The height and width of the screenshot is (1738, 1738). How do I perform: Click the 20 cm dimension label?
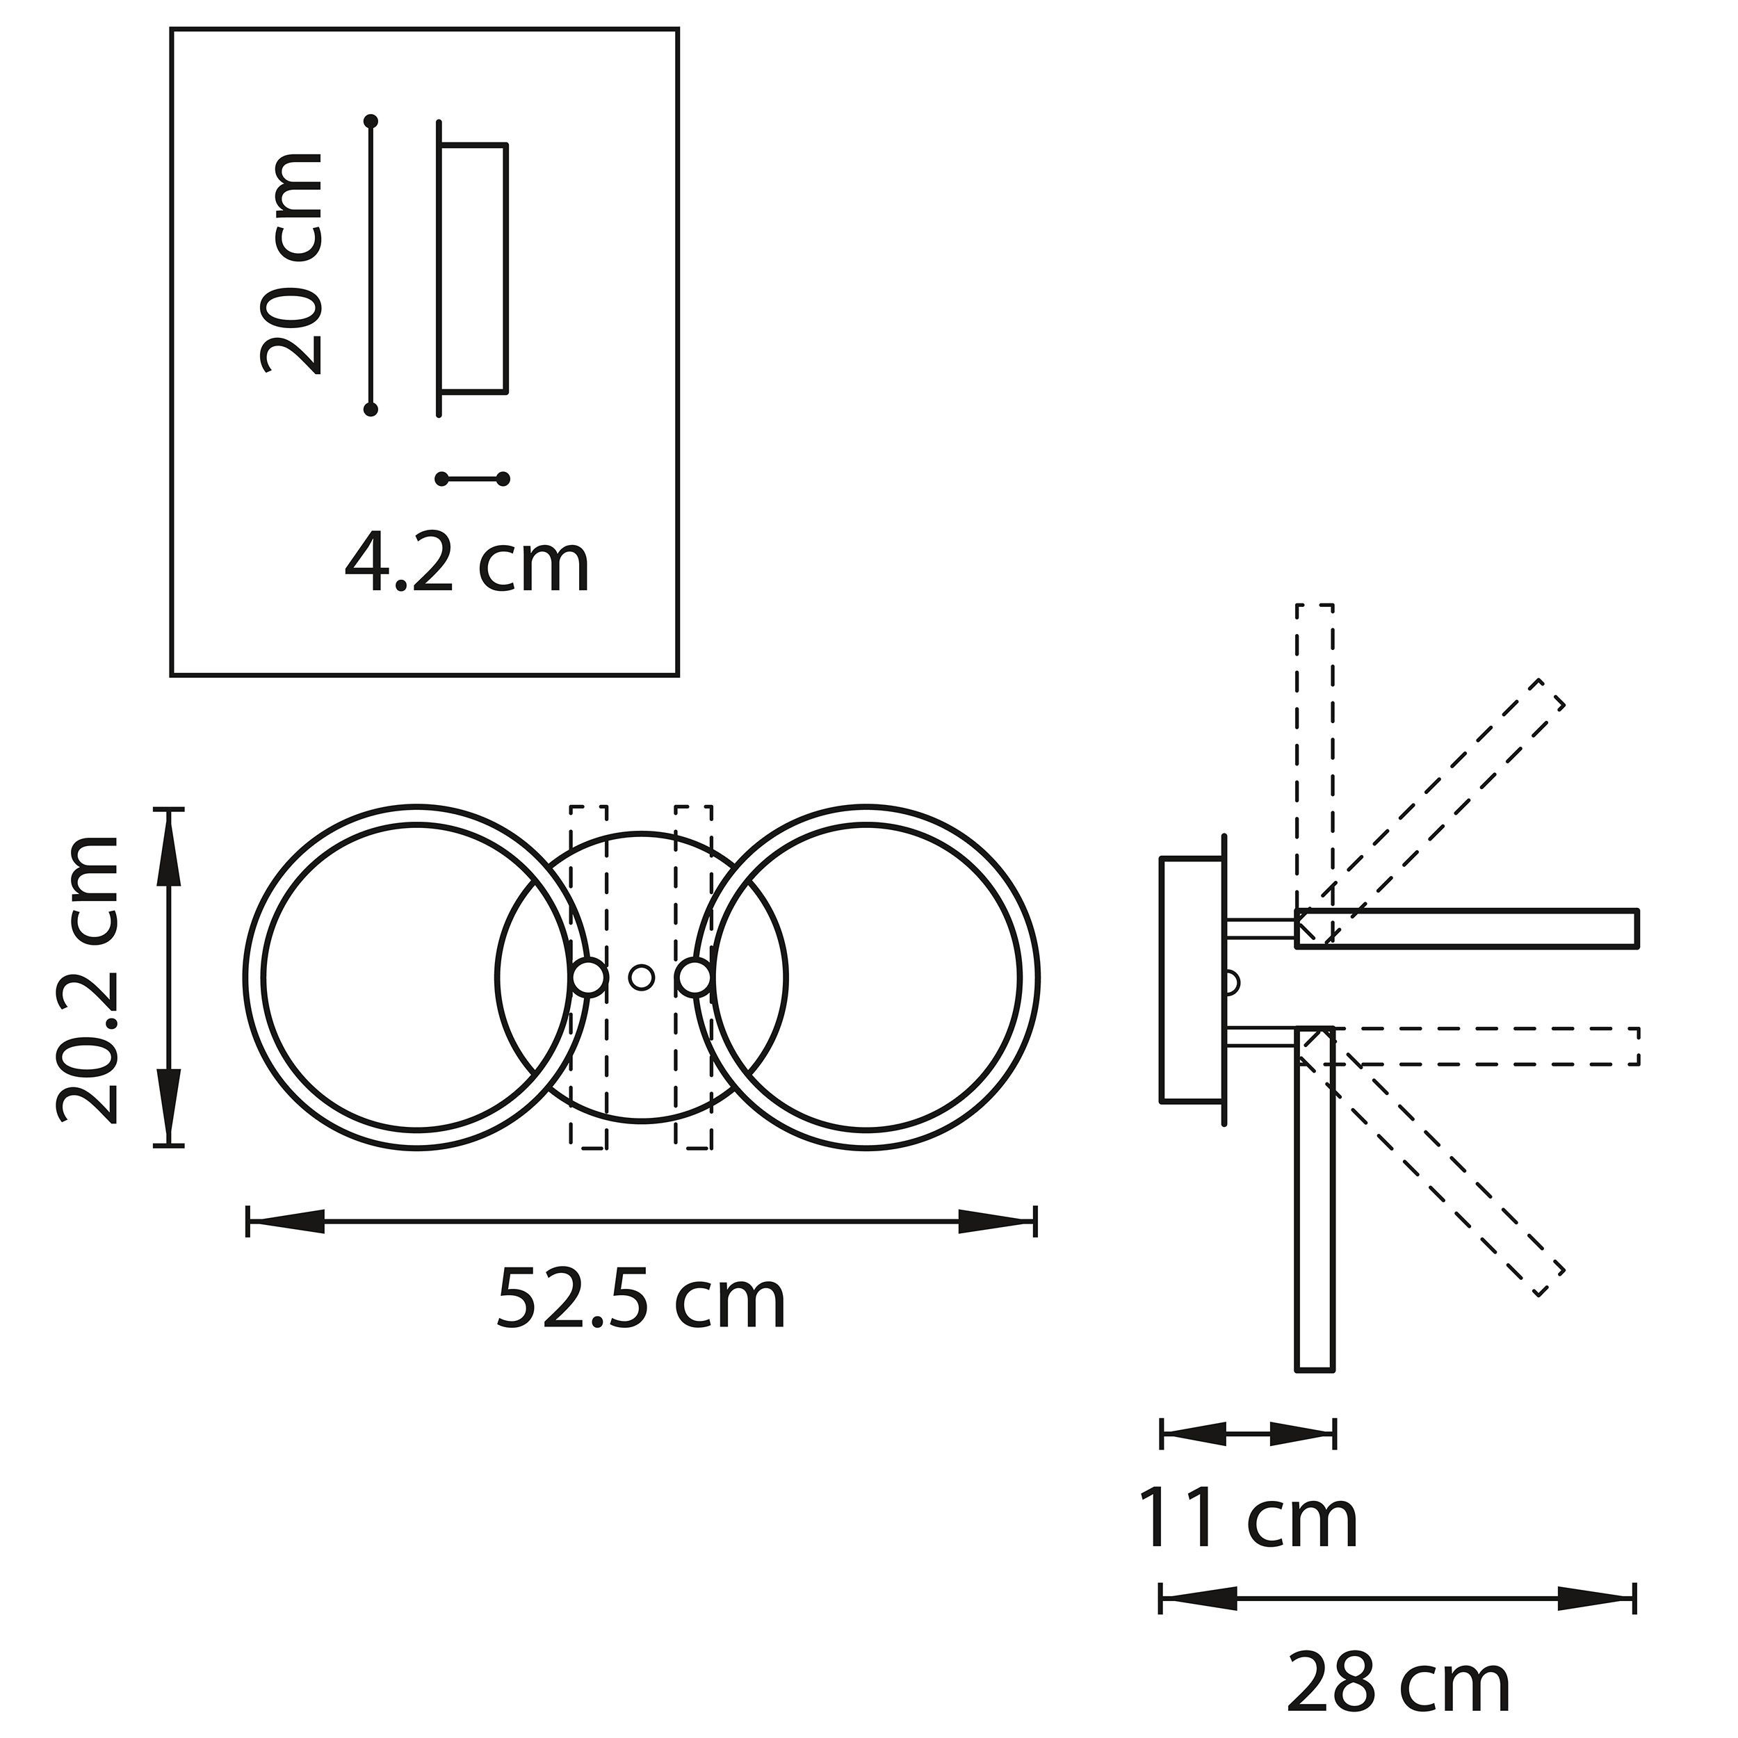291,263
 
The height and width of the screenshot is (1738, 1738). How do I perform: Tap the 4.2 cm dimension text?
467,564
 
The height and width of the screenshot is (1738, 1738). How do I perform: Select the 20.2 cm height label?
88,980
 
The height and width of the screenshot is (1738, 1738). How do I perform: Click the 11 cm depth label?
1248,1518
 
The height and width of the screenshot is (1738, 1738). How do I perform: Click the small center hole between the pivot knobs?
640,977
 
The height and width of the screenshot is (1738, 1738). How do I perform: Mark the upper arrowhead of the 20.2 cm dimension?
169,850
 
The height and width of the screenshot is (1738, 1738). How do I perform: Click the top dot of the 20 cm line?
371,120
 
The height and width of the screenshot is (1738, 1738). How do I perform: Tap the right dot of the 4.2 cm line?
503,478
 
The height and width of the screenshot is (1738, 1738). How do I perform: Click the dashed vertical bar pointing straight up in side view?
1315,756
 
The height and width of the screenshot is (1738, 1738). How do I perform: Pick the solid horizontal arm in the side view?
1466,927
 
